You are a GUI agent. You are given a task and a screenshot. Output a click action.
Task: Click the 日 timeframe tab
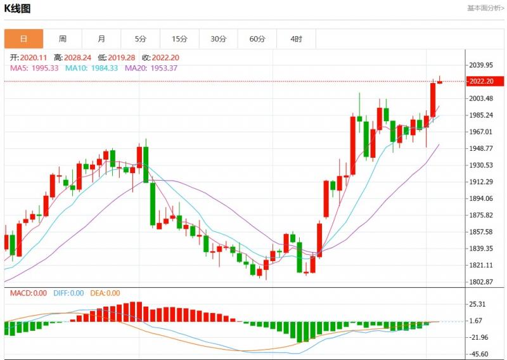tap(24, 39)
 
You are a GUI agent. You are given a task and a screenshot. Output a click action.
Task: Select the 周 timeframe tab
tap(63, 39)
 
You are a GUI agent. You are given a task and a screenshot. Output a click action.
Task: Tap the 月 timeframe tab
tap(101, 39)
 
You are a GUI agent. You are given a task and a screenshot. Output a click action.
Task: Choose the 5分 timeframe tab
tap(140, 39)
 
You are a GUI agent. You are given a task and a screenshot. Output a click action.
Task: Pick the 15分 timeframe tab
tap(179, 39)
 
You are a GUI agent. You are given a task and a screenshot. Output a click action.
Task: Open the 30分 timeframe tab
tap(218, 39)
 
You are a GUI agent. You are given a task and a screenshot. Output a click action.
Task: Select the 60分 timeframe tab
tap(257, 39)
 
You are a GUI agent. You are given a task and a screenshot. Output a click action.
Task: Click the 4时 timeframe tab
tap(296, 39)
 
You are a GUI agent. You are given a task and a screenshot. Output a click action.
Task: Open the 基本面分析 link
tap(485, 8)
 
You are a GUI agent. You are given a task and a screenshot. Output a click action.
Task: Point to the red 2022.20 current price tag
tap(480, 81)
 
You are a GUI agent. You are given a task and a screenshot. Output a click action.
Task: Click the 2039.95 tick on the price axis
tap(480, 65)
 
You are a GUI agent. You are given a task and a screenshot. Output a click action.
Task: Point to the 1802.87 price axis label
tap(480, 282)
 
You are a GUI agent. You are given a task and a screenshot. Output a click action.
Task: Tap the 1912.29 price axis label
tap(480, 182)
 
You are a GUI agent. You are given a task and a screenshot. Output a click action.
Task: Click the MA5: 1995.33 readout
tap(34, 68)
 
